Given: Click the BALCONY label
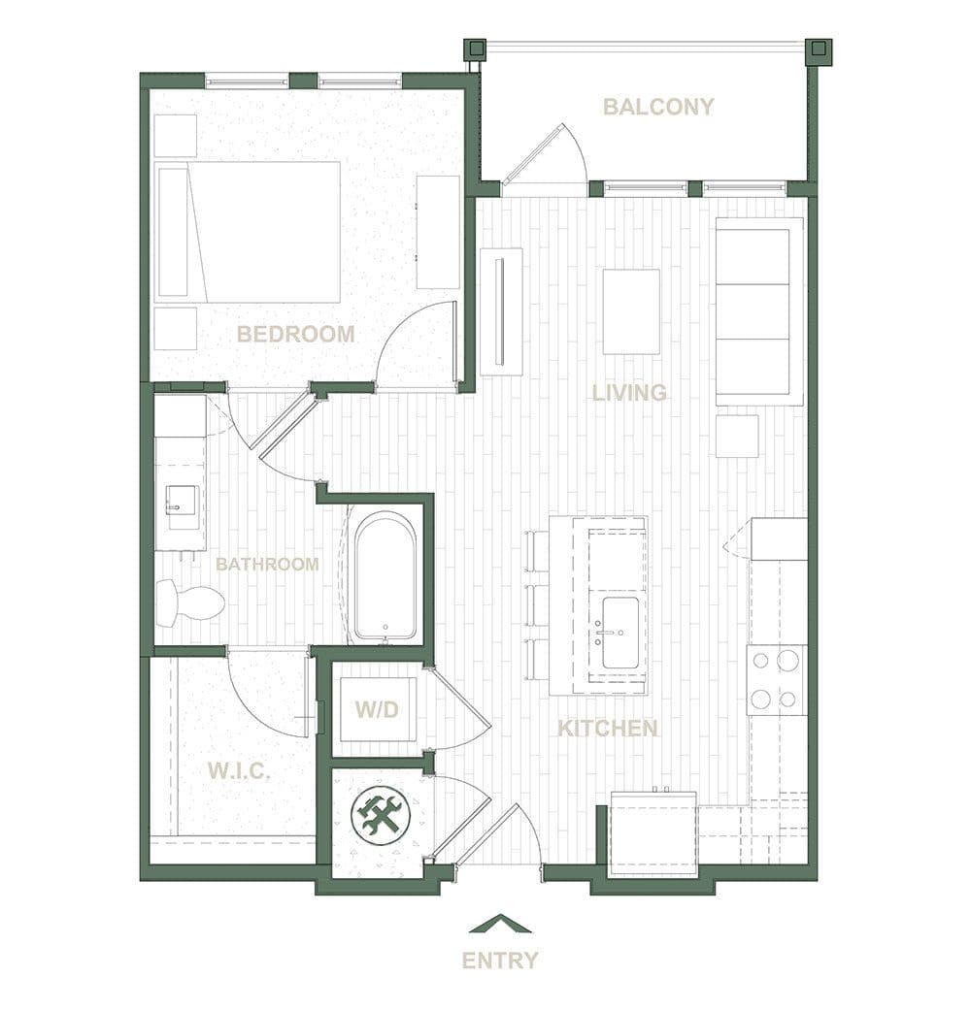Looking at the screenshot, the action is (658, 106).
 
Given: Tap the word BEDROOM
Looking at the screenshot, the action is (296, 334).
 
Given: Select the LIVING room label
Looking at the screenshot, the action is (629, 393).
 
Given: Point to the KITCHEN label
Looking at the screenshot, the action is (607, 729).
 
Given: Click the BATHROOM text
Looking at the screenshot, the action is (267, 565).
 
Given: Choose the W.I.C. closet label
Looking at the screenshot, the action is (238, 770).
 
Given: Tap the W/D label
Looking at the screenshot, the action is (377, 709).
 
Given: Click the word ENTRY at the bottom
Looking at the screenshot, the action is (500, 960).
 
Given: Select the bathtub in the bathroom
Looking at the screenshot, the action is (385, 576).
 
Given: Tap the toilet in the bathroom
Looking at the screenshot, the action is (190, 602).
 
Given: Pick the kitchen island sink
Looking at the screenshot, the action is (619, 633).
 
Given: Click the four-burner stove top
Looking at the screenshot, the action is (777, 679).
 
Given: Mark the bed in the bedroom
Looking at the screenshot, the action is (249, 232).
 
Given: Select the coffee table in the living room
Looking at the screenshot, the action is (631, 311).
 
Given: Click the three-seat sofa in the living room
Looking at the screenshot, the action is (759, 311).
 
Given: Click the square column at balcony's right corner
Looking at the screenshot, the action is (819, 49).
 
